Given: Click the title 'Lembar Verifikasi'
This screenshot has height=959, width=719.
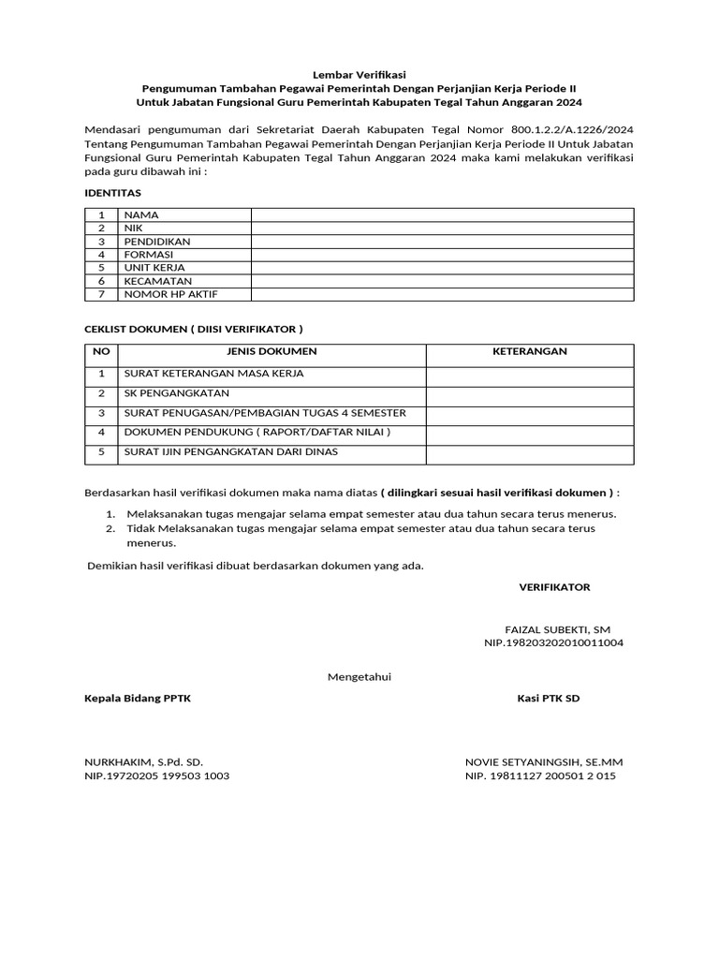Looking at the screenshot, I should coord(359,73).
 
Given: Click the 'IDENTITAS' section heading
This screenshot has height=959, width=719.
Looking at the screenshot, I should coord(112,192).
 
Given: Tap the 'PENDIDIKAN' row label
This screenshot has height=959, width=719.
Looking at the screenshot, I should coord(156,241).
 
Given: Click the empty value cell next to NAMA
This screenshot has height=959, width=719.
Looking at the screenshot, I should coord(442,214).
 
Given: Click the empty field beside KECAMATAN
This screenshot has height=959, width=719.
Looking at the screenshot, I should coord(442,281).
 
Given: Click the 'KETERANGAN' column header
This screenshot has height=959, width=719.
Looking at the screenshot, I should coord(530,351).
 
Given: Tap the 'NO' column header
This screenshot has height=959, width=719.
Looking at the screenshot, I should coord(101,351).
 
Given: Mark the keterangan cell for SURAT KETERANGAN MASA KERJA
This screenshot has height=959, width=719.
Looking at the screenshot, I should coord(530,374).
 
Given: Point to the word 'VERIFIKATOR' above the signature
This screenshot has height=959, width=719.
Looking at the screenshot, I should coord(554,586).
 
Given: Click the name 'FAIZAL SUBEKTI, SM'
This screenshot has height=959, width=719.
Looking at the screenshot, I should coord(557,629).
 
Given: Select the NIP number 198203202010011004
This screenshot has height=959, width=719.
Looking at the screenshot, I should coord(553,643).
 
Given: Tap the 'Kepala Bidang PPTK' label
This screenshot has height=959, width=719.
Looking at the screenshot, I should coord(138,698).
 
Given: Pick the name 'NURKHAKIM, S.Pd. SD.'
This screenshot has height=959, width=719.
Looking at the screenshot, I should coord(143,762).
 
